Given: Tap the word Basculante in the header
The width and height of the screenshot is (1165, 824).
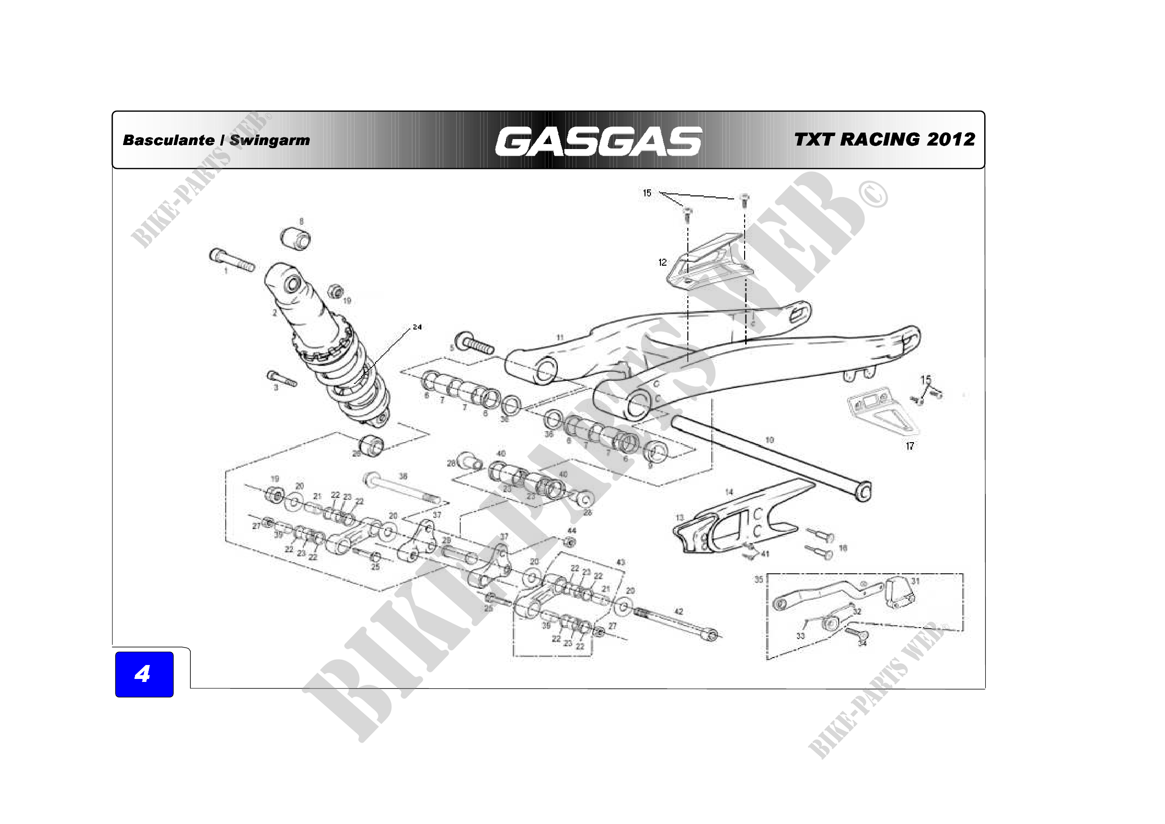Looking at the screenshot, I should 168,140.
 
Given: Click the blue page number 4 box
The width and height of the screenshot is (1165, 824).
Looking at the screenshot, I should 144,674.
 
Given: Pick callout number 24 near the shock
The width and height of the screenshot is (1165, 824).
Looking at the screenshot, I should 417,327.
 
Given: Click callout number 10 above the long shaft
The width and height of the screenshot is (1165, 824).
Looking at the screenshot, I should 769,440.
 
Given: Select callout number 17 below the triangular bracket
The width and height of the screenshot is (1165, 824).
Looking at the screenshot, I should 910,446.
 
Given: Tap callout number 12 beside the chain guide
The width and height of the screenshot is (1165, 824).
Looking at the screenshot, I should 662,262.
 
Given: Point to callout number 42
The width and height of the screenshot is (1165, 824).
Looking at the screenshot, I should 679,611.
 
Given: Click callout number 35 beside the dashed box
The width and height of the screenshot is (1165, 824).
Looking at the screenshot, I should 759,579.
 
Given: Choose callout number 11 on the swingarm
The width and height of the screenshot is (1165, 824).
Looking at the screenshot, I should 560,337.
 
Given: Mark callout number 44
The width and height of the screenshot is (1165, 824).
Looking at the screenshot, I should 572,530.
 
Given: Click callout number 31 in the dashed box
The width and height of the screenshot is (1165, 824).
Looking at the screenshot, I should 915,581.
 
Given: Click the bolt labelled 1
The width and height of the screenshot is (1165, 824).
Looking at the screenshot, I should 232,260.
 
